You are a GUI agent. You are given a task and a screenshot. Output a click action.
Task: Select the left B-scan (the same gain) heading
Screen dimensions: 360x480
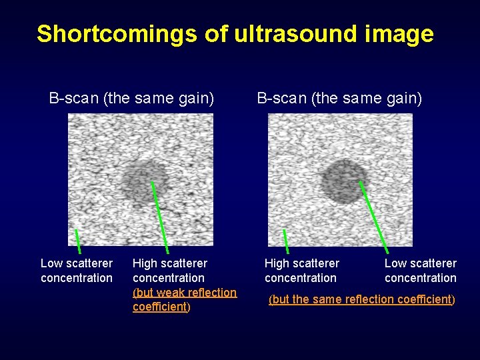131,99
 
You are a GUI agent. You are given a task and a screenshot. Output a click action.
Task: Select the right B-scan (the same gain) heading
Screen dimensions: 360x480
339,99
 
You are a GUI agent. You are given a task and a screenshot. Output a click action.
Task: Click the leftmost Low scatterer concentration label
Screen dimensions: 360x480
77,271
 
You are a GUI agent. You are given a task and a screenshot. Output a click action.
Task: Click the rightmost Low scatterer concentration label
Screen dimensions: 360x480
420,271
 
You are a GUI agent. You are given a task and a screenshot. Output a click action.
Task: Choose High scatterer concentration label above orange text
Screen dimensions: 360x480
169,271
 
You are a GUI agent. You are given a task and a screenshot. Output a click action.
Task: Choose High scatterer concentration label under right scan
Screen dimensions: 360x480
301,271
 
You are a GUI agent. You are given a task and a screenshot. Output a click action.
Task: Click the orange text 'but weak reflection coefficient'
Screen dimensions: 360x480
184,299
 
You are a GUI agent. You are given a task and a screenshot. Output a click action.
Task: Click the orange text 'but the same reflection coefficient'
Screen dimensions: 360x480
361,300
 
